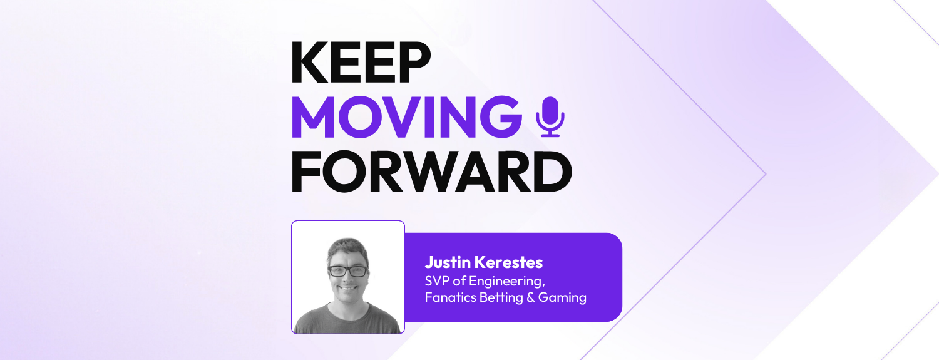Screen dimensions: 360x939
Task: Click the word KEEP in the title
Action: tap(361, 63)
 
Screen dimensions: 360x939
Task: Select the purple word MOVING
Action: tap(406, 118)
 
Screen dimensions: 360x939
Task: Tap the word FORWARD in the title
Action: tap(431, 171)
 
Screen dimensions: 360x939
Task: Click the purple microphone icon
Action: tap(550, 117)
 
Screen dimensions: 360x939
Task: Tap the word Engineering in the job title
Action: tap(507, 280)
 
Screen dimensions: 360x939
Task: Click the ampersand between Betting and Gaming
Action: tap(531, 297)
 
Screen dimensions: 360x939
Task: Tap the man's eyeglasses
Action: tap(348, 271)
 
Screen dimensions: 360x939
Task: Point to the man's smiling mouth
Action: tap(348, 290)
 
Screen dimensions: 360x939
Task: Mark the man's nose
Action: tap(348, 279)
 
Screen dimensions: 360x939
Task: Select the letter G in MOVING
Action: tap(503, 118)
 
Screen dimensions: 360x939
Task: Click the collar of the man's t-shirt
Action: tap(348, 308)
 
